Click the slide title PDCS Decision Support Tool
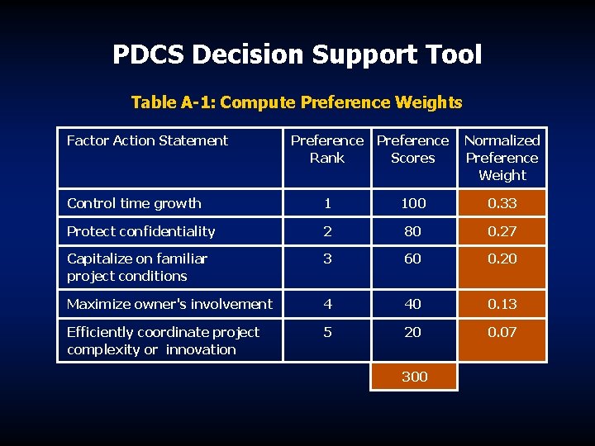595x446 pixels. (297, 55)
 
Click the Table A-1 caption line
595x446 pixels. (297, 102)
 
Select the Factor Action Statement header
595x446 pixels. (147, 141)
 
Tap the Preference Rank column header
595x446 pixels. (327, 149)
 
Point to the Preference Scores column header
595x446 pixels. (412, 149)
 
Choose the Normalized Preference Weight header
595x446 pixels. (502, 158)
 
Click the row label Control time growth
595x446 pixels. (134, 203)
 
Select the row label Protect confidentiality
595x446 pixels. (140, 231)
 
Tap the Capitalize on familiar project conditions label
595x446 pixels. (137, 267)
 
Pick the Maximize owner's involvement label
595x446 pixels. (169, 304)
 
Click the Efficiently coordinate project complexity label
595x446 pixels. (163, 340)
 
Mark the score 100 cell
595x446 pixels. (413, 203)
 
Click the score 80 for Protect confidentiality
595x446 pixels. (413, 231)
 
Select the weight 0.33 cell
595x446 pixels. (502, 203)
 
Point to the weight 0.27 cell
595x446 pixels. (502, 231)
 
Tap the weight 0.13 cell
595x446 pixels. (502, 304)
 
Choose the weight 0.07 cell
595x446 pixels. (502, 332)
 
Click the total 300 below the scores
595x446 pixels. (414, 377)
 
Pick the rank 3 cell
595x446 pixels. (328, 259)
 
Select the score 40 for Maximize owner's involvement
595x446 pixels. (413, 304)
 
